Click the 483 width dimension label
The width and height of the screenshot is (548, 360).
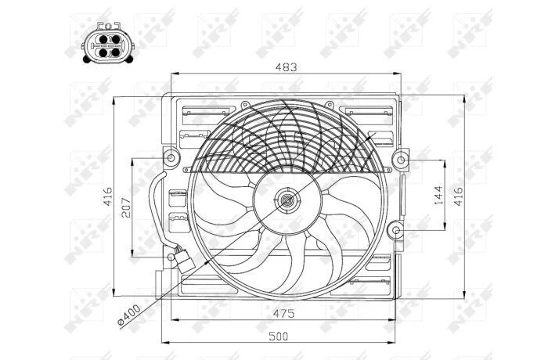[286, 67]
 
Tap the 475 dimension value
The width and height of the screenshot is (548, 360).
[283, 313]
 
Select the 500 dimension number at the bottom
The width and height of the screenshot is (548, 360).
[279, 337]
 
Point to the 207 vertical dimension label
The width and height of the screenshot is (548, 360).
[126, 207]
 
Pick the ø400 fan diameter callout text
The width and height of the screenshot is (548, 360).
[129, 315]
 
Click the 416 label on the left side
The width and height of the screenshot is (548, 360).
[107, 196]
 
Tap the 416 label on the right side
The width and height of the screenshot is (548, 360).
[458, 196]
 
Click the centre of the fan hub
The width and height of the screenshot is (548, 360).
[287, 201]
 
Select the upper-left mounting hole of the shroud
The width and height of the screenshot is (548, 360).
[171, 157]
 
